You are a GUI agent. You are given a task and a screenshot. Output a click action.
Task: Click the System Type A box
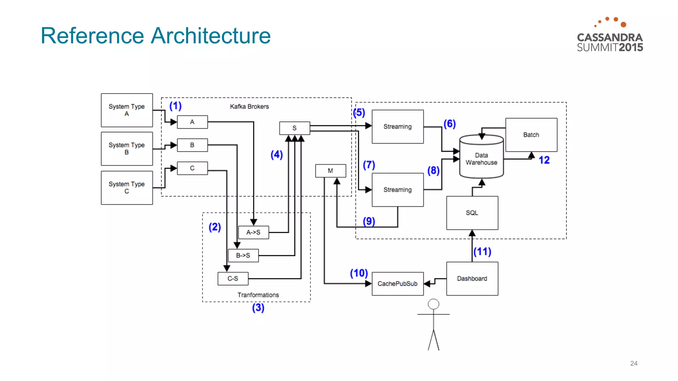coord(127,110)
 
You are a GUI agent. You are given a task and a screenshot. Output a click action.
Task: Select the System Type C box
coord(127,188)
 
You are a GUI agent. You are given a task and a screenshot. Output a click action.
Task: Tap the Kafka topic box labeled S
coord(294,128)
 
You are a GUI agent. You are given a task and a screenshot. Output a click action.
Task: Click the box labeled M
coord(330,171)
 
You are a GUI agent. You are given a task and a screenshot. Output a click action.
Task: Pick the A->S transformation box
coord(253,232)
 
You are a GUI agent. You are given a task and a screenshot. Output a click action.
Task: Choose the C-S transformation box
coord(233,278)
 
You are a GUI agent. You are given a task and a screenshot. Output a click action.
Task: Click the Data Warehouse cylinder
coord(481,159)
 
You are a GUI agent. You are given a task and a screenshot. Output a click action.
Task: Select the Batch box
coord(531,135)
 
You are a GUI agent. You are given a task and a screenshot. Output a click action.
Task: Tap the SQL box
coord(472,213)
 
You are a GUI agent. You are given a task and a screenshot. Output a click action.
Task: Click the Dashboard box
coord(472,278)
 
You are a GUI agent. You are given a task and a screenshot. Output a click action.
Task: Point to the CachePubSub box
coord(398,283)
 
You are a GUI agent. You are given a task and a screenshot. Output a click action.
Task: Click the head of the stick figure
coord(433,304)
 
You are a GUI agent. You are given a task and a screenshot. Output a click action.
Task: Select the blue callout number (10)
coord(359,273)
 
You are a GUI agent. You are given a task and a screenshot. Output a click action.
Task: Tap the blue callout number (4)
coord(277,154)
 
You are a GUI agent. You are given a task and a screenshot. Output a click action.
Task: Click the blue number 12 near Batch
coord(544,160)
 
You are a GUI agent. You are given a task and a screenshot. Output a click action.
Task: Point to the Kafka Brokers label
coord(249,106)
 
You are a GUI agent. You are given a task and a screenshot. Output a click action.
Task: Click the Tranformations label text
coord(258,295)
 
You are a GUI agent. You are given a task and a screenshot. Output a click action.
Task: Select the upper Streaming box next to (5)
coord(398,126)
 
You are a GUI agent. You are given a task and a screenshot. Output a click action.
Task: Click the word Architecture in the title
coord(211,36)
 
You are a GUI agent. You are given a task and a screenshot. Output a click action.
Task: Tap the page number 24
coord(634,363)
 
